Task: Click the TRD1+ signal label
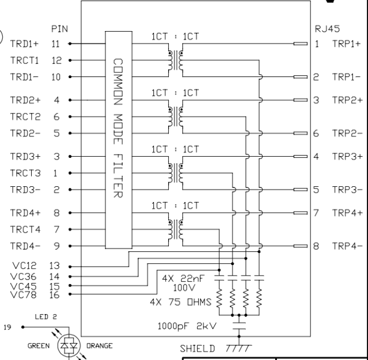[20, 42]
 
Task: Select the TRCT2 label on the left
[20, 117]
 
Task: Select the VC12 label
[21, 265]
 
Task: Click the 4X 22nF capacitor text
[183, 278]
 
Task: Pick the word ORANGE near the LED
[99, 344]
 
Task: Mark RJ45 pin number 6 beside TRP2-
[316, 134]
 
